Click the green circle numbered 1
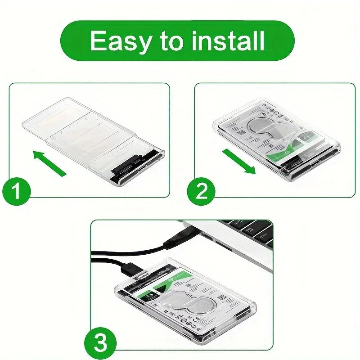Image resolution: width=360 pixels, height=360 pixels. point(17,192)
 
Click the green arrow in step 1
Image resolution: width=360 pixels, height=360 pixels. point(50,163)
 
